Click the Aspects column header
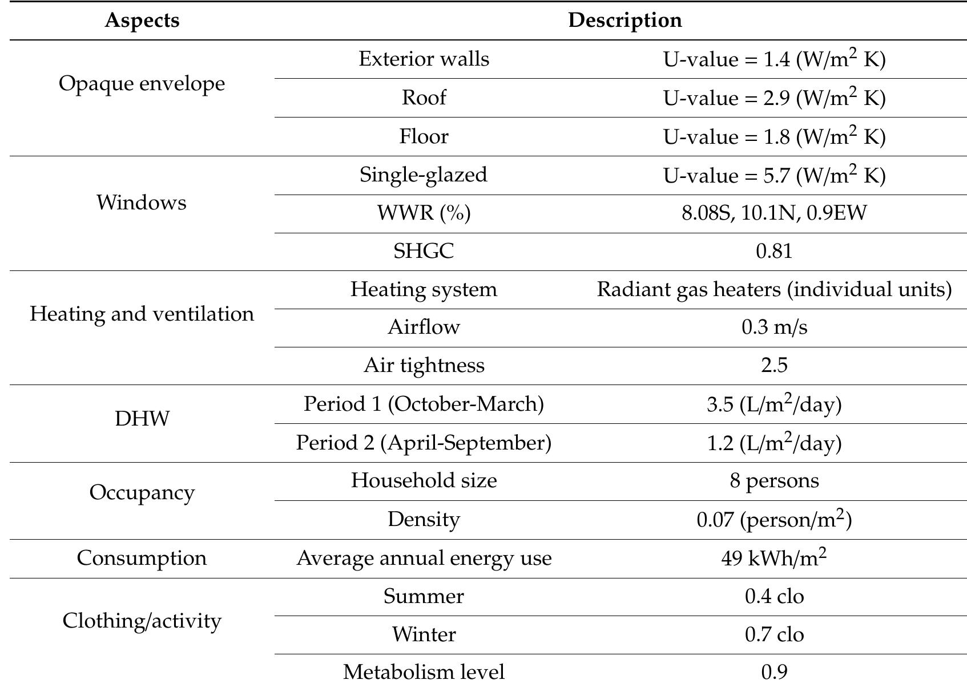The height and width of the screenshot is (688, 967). coord(142,21)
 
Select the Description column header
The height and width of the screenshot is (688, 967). coord(624,21)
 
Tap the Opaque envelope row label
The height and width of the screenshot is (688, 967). coord(142,84)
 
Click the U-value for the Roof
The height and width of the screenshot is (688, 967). coord(774,98)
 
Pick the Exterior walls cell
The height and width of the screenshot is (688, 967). coord(424,59)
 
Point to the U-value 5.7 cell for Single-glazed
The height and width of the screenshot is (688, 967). coord(774,175)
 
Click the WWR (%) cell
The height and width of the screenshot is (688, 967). coord(424,213)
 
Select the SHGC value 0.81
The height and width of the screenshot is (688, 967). coord(774,251)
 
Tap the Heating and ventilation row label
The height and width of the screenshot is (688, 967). coord(142,314)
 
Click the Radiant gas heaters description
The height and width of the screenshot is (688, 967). coord(774,289)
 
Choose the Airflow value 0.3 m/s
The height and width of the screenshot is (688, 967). coord(774,327)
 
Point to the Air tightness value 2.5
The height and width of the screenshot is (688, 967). coord(774,365)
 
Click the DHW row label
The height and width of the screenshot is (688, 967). coord(142,419)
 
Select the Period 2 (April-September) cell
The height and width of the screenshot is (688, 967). coord(424,443)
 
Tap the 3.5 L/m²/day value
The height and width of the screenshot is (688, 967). coord(774,404)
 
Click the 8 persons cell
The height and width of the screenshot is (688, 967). coord(774,480)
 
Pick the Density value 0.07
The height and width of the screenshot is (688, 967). coord(774,520)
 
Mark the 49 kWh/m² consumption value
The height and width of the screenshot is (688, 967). coord(774,558)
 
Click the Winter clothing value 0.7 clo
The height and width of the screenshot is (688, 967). coord(774,634)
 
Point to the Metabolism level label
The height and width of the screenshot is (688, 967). coord(424,672)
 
